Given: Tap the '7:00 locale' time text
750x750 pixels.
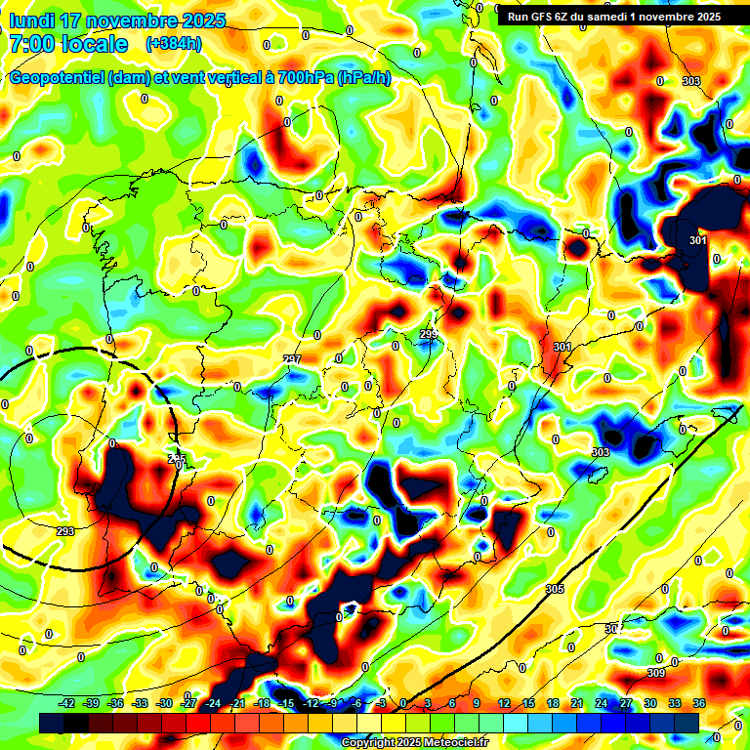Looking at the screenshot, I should pyautogui.click(x=67, y=45).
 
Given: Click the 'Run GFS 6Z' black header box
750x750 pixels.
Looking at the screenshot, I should pyautogui.click(x=609, y=17).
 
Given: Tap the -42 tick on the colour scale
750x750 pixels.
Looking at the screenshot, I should pyautogui.click(x=67, y=703).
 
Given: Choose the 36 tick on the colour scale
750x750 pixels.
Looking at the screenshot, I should pyautogui.click(x=699, y=703).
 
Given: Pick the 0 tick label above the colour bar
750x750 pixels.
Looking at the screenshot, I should pyautogui.click(x=403, y=703).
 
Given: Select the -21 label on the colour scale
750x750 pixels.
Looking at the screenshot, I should pyautogui.click(x=237, y=703).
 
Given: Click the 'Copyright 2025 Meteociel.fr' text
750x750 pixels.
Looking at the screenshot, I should pyautogui.click(x=414, y=742).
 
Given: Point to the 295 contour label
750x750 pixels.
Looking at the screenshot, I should pyautogui.click(x=176, y=460).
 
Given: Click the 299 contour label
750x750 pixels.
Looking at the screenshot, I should pyautogui.click(x=428, y=335).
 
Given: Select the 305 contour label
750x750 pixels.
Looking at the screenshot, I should pyautogui.click(x=555, y=588).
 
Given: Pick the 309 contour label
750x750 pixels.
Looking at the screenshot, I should pyautogui.click(x=656, y=673).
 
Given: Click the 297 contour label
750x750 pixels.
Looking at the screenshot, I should pyautogui.click(x=292, y=360).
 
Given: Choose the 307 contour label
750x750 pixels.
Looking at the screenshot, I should pyautogui.click(x=612, y=629).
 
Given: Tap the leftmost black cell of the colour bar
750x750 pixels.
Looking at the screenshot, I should pyautogui.click(x=52, y=723).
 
